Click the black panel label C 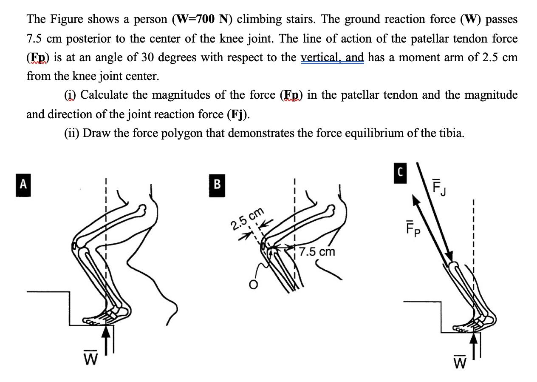(399, 173)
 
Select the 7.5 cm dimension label (317, 252)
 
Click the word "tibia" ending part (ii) (452, 133)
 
